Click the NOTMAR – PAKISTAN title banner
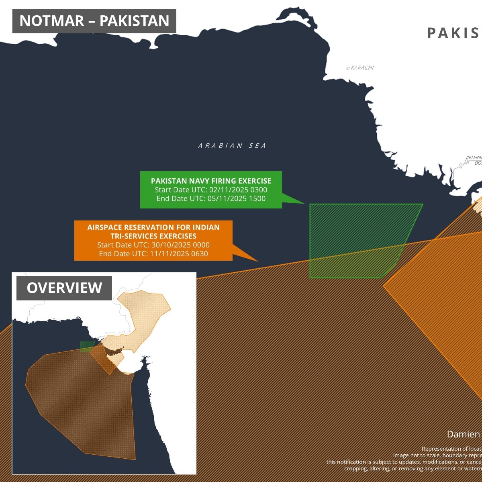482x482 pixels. [x=94, y=21]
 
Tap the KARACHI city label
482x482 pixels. [x=362, y=68]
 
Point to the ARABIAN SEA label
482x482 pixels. [x=232, y=146]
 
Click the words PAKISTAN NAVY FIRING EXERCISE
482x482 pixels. [x=211, y=181]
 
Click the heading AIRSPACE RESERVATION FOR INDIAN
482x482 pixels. [x=153, y=227]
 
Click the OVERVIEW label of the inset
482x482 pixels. [x=64, y=288]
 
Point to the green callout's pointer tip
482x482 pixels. [x=304, y=203]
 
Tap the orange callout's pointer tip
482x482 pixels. [x=258, y=261]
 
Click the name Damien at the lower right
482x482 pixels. [x=464, y=435]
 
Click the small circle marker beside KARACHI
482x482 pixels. [x=348, y=68]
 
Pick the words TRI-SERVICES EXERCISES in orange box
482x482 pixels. [x=153, y=236]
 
